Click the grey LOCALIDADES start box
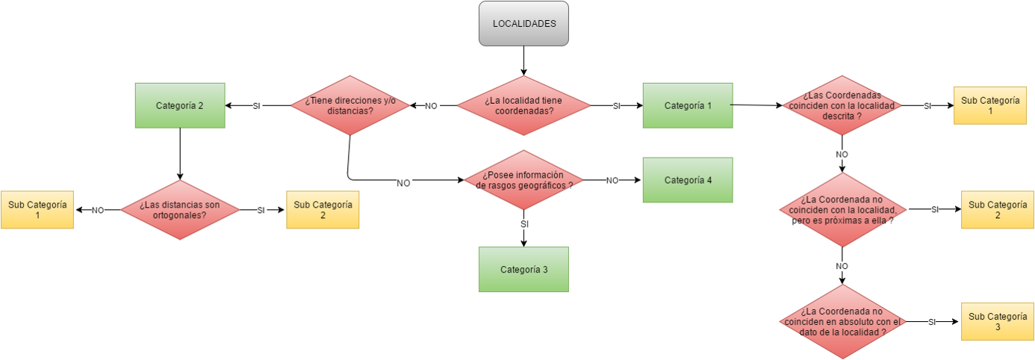pyautogui.click(x=523, y=23)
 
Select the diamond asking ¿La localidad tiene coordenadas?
pyautogui.click(x=523, y=106)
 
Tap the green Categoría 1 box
pyautogui.click(x=687, y=105)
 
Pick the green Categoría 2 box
pyautogui.click(x=179, y=105)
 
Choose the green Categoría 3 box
pyautogui.click(x=523, y=269)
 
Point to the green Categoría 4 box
pyautogui.click(x=687, y=180)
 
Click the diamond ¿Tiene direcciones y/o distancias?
pyautogui.click(x=349, y=106)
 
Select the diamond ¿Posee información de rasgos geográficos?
pyautogui.click(x=523, y=180)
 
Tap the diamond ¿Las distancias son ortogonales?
pyautogui.click(x=179, y=210)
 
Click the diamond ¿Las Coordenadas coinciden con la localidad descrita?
pyautogui.click(x=842, y=106)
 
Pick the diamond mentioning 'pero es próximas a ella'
pyautogui.click(x=842, y=210)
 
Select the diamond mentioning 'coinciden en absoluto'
pyautogui.click(x=842, y=322)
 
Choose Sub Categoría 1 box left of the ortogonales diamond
pyautogui.click(x=37, y=210)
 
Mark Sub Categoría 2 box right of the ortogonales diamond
pyautogui.click(x=323, y=210)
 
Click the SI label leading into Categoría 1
pyautogui.click(x=617, y=106)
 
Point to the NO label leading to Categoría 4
pyautogui.click(x=612, y=180)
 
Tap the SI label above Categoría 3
pyautogui.click(x=524, y=224)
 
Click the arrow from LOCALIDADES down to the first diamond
pyautogui.click(x=523, y=60)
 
